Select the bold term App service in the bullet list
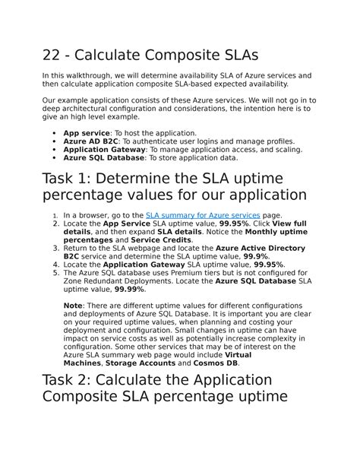[x=87, y=133]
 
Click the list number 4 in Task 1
[x=55, y=265]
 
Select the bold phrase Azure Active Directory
[x=261, y=248]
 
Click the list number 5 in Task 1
[x=55, y=273]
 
